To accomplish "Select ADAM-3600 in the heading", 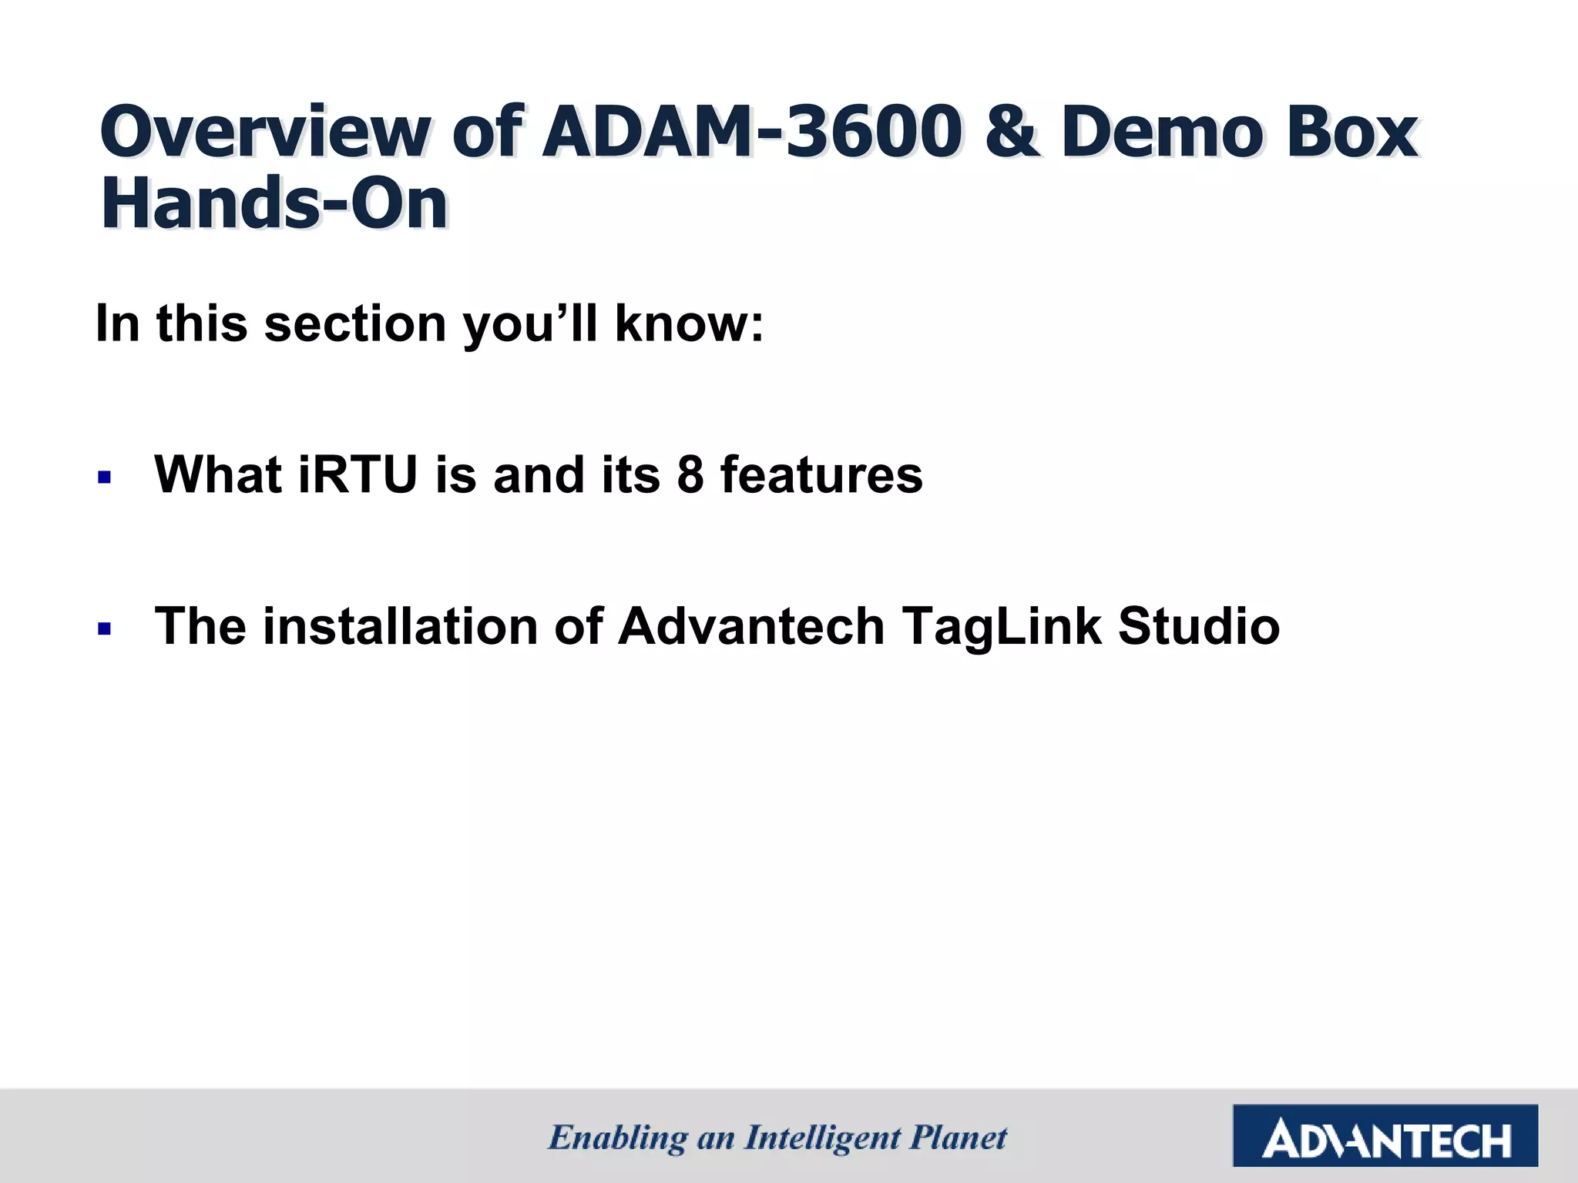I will coord(750,132).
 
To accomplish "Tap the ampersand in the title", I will coord(1012,132).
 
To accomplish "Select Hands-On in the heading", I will coord(274,205).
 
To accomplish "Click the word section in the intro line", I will coord(355,324).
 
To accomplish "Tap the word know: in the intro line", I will coord(689,324).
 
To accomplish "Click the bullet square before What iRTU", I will coord(105,478).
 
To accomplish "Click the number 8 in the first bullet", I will coord(690,475).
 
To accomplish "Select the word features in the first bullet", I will coord(821,475).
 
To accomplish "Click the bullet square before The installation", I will coord(105,629).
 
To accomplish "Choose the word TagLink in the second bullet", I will coord(1002,626).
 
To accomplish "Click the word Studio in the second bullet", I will coord(1199,626).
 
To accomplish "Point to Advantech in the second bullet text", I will coord(751,626).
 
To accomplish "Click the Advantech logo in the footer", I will coord(1385,1136).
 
